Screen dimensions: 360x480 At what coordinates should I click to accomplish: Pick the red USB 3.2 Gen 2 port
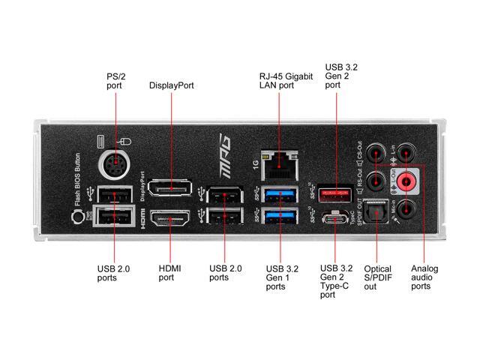(x=334, y=193)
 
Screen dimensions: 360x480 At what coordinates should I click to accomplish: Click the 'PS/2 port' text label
(x=115, y=81)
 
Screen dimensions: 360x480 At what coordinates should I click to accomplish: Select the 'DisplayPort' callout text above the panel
(x=172, y=85)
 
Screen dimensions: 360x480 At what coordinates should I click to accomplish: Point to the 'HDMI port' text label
(x=166, y=272)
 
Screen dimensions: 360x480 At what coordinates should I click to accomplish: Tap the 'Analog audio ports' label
(x=424, y=277)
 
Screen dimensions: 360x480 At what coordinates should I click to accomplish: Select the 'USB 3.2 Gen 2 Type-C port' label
(x=336, y=281)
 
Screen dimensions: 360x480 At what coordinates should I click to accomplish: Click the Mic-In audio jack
(x=406, y=209)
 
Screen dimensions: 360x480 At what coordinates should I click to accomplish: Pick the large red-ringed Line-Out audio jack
(x=406, y=181)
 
